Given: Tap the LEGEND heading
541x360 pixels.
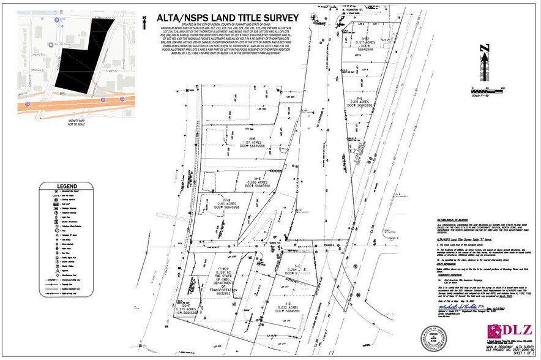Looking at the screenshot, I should tap(67, 186).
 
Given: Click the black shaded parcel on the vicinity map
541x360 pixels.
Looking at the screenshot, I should tap(76, 64).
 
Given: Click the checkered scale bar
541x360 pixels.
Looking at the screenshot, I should tap(485, 86).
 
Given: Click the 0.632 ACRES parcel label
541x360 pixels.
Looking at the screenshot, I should tap(287, 308).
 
